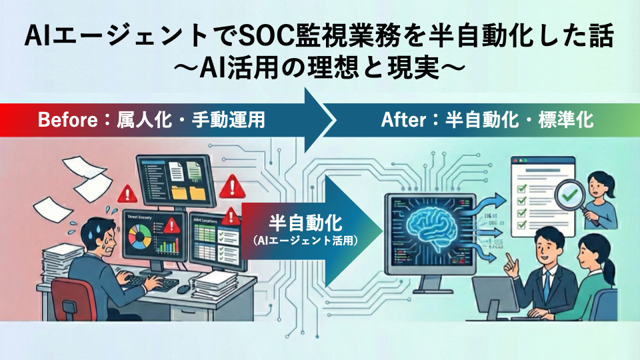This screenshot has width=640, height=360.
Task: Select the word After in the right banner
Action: [403, 121]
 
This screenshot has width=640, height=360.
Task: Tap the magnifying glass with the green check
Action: [571, 193]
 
